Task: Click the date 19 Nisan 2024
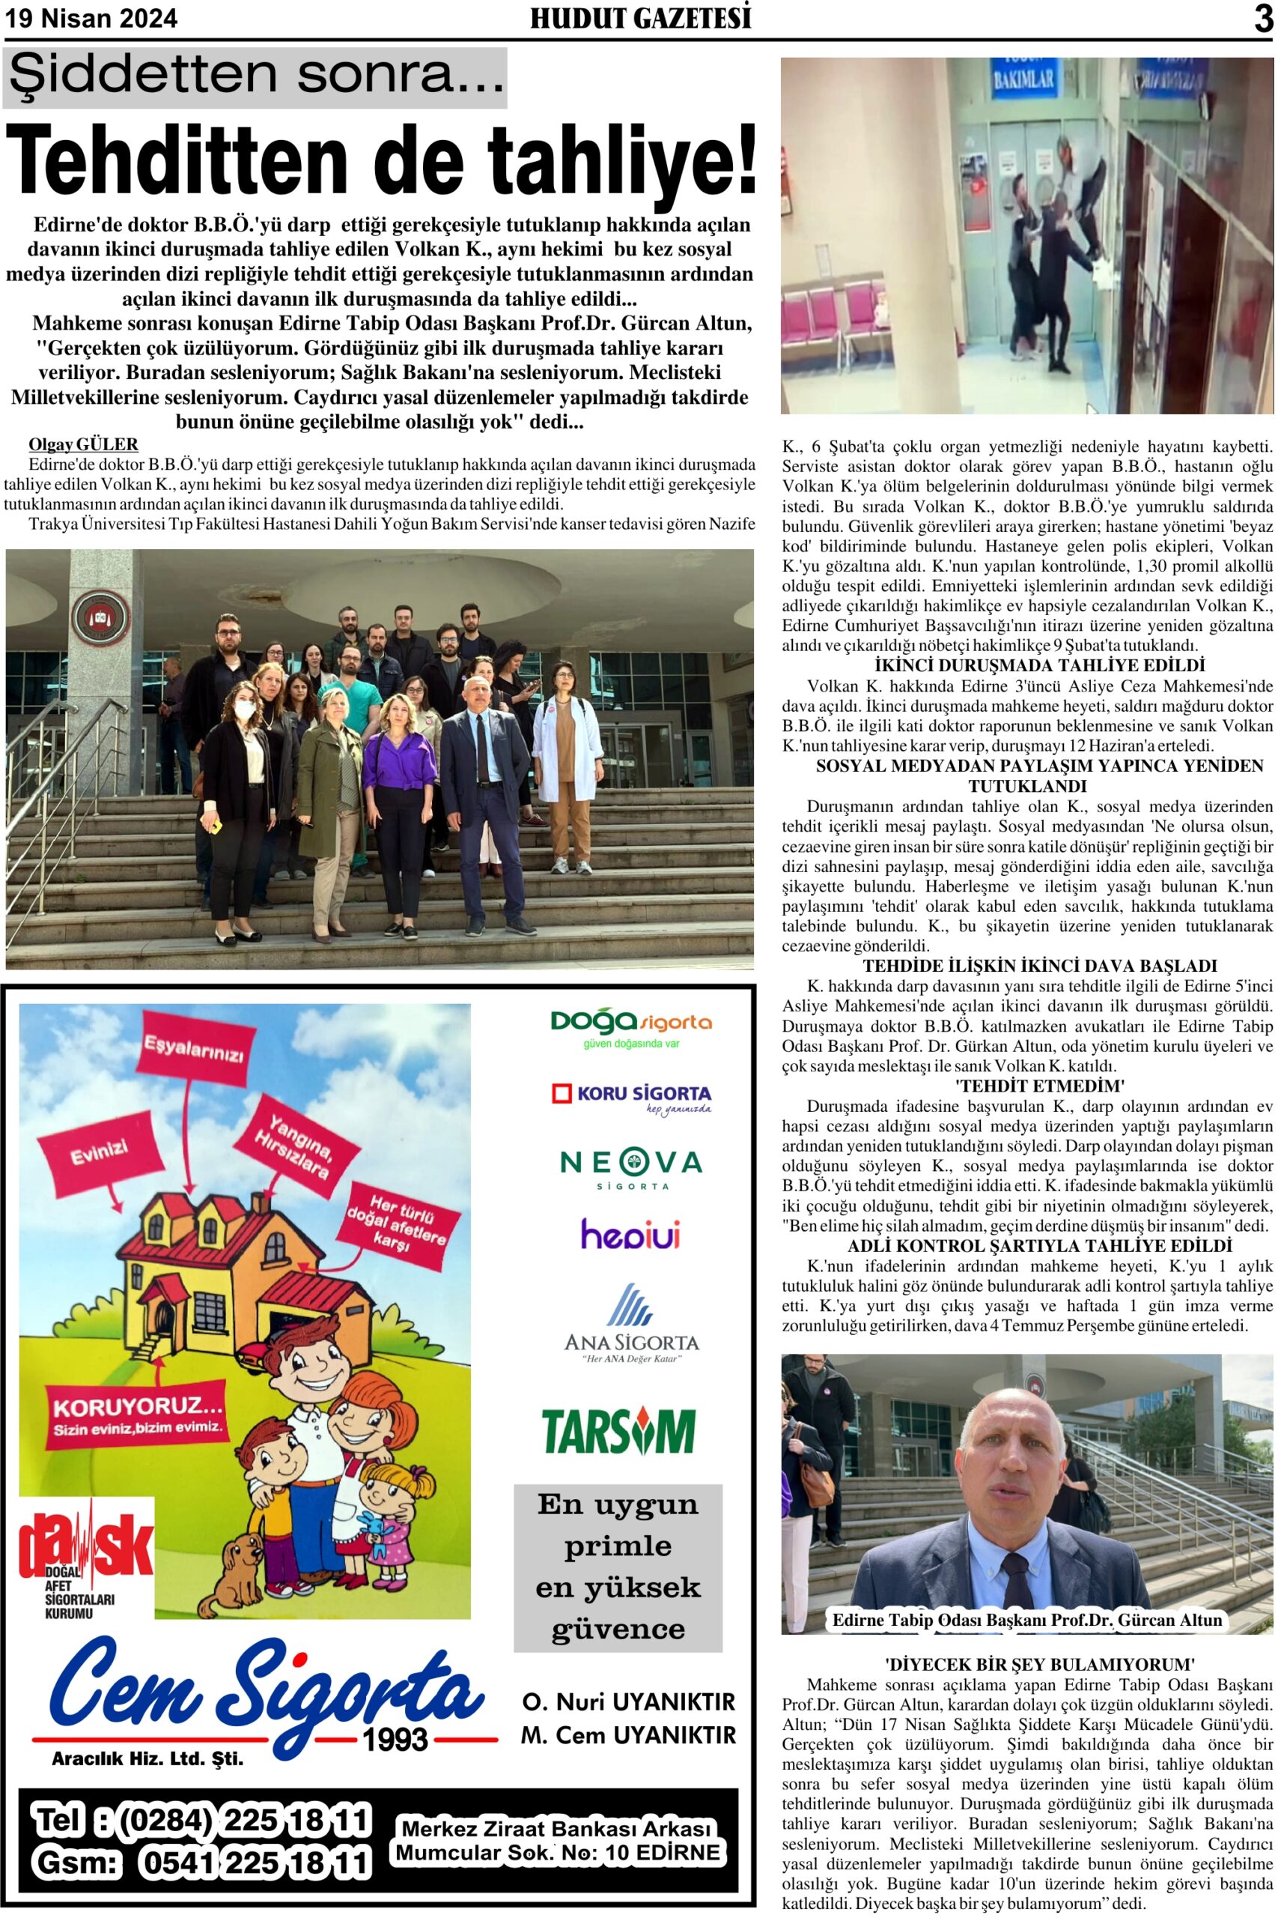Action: pyautogui.click(x=91, y=19)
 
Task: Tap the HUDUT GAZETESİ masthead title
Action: pyautogui.click(x=640, y=18)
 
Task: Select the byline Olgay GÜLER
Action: pyautogui.click(x=83, y=444)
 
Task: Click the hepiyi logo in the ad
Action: pyautogui.click(x=630, y=1235)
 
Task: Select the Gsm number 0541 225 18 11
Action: pyautogui.click(x=255, y=1863)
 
